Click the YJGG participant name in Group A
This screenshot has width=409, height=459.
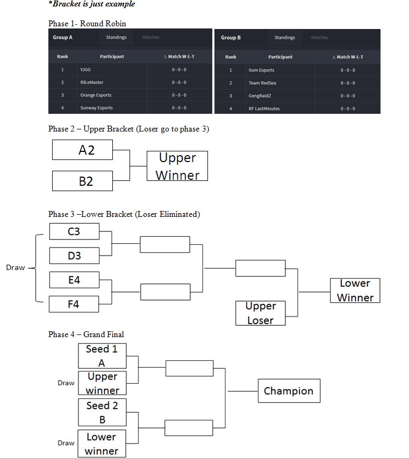(85, 70)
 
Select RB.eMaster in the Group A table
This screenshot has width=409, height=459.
(92, 82)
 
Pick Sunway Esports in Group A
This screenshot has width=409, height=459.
(97, 108)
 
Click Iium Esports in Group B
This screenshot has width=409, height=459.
(261, 70)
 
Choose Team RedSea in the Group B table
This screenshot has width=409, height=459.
(262, 83)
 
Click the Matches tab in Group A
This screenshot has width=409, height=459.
(150, 38)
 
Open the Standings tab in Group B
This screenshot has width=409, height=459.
(284, 38)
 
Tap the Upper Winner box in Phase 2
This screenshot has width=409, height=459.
(177, 166)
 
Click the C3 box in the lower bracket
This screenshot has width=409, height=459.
(74, 231)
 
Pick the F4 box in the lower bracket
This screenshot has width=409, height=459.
(74, 304)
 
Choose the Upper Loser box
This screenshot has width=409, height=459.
(260, 313)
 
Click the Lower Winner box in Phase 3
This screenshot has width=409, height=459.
(355, 290)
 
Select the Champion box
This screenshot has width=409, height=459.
(289, 391)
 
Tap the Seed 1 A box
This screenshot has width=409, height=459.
(102, 355)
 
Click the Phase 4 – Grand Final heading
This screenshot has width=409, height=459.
(86, 334)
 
